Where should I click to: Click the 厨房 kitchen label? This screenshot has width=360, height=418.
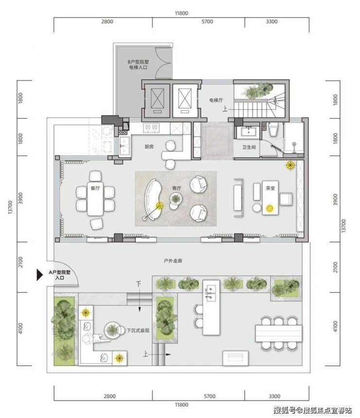click(x=149, y=146)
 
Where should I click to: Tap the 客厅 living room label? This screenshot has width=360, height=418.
click(x=177, y=188)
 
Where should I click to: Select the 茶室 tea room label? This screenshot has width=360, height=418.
click(x=270, y=188)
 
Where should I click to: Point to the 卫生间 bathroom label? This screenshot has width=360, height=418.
click(x=249, y=147)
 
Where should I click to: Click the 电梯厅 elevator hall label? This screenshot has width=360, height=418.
click(x=216, y=100)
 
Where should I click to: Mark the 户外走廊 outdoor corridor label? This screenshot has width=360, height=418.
click(x=173, y=261)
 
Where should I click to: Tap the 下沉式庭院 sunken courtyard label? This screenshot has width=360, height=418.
click(x=138, y=330)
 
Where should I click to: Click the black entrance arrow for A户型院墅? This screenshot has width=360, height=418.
click(x=39, y=275)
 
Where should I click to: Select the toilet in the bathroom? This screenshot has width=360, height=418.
click(x=273, y=129)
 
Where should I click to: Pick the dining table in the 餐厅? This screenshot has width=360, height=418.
click(x=95, y=199)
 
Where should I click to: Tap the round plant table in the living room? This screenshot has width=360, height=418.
click(x=176, y=199)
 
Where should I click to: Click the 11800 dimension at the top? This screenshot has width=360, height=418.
click(x=181, y=13)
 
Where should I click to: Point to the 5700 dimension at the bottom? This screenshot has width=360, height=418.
click(x=210, y=397)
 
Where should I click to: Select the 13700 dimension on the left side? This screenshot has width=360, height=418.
click(x=10, y=207)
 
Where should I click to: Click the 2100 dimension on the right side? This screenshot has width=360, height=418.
click(x=335, y=267)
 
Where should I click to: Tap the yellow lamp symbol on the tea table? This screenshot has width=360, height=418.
click(x=270, y=208)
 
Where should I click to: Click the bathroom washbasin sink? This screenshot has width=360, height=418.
click(x=249, y=132)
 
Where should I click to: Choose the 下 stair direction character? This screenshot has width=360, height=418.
click(x=139, y=284)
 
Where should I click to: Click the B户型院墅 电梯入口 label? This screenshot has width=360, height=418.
click(x=138, y=65)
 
